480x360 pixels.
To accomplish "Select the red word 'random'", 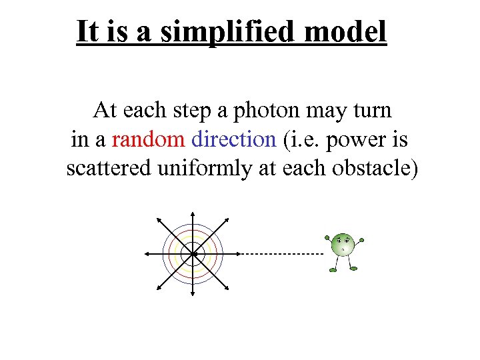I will click(148, 139).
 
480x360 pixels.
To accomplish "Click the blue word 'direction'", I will click(233, 139).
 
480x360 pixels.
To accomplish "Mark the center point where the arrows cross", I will click(193, 254).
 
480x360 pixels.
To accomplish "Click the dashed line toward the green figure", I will click(280, 254).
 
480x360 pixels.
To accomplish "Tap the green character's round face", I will click(343, 244).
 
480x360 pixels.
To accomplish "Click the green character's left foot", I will click(333, 269).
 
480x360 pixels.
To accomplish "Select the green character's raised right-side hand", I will click(361, 239).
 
